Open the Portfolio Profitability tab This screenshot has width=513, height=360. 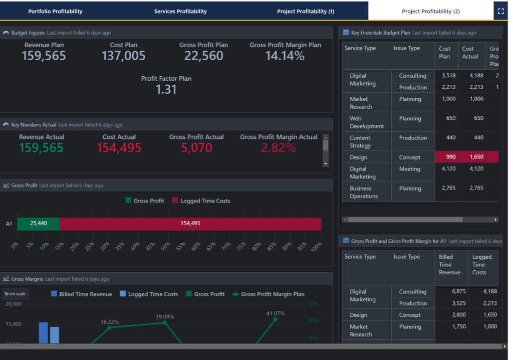tap(55, 11)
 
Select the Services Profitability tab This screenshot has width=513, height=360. tap(180, 11)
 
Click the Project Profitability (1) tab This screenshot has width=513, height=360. tap(306, 11)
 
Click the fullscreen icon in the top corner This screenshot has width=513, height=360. tap(500, 11)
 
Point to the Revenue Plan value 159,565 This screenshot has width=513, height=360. tap(44, 56)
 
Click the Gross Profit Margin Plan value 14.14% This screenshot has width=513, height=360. tap(285, 56)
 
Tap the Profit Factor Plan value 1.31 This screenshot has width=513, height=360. tap(166, 89)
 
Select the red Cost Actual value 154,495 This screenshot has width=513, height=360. tap(119, 148)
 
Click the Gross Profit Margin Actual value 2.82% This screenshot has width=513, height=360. tap(278, 148)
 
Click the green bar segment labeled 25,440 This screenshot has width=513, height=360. tap(39, 224)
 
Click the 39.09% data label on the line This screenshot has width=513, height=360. tap(165, 317)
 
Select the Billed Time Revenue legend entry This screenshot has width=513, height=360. tap(81, 294)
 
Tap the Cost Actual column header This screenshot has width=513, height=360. tap(470, 53)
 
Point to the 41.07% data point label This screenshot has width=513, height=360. tap(275, 313)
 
